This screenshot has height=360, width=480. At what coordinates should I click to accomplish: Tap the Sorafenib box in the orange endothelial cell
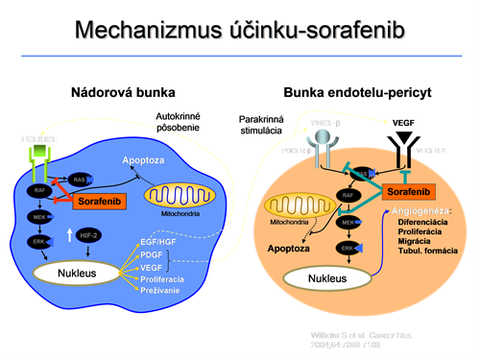tap(409, 193)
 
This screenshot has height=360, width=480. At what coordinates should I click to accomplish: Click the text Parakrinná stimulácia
tap(263, 125)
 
